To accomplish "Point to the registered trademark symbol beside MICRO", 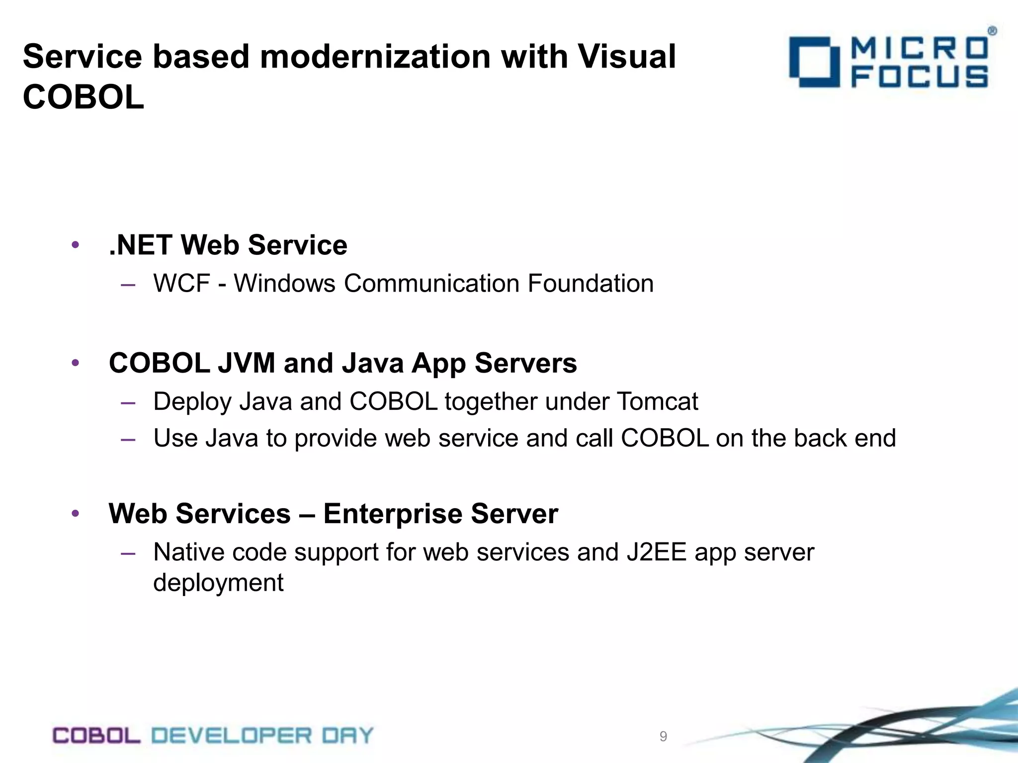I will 992,31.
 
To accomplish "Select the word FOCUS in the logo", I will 920,78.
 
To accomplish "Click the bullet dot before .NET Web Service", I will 75,245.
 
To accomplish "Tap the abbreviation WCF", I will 182,284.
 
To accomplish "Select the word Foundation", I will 591,284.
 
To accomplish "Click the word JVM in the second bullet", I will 246,363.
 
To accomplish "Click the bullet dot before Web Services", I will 75,514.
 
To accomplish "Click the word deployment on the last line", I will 218,583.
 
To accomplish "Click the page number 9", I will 663,736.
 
